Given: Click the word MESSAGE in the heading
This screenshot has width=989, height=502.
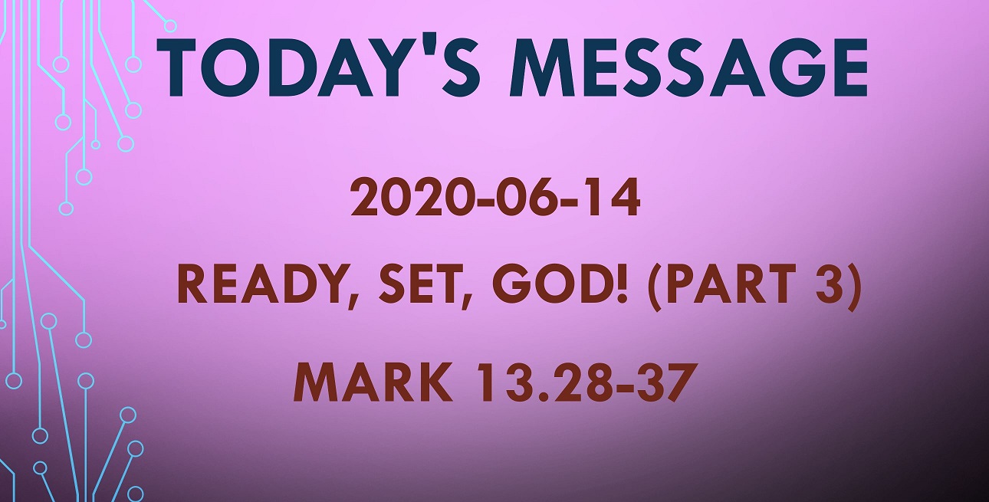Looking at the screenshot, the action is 688,67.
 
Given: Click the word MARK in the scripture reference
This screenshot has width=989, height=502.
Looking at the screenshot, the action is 373,382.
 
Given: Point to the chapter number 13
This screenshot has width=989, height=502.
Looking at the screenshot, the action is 504,382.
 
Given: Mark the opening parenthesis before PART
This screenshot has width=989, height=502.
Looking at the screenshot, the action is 655,286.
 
